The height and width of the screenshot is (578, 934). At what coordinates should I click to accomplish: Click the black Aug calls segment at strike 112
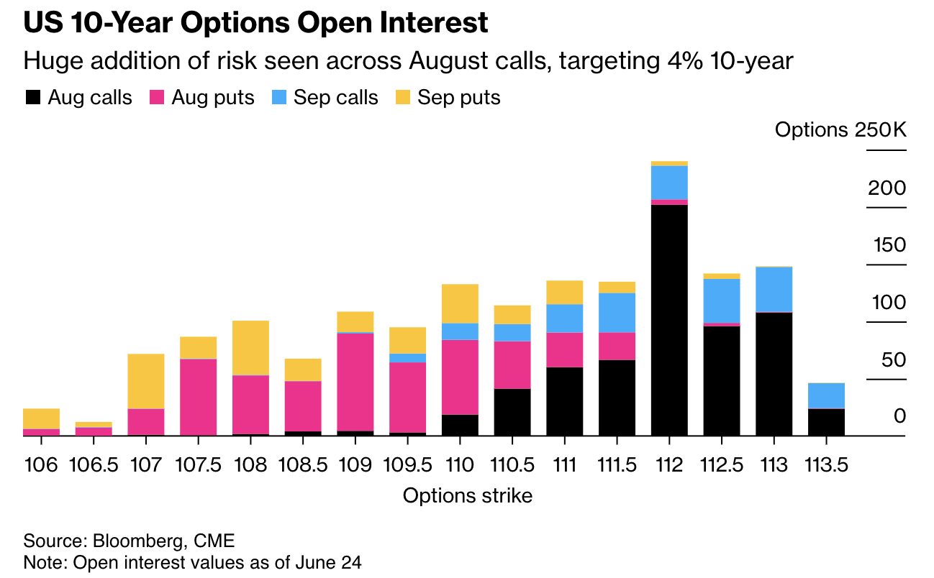(669, 320)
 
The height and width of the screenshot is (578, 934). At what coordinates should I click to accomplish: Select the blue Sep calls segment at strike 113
(774, 289)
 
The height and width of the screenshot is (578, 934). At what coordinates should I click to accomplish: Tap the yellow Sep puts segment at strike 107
(146, 381)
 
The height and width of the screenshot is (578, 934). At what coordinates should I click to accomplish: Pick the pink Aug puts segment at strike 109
(355, 382)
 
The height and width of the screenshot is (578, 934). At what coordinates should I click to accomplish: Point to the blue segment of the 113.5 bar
(826, 395)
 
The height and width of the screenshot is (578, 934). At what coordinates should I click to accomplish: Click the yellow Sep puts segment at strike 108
(250, 348)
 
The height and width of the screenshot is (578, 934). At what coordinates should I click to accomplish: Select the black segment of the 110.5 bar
(512, 412)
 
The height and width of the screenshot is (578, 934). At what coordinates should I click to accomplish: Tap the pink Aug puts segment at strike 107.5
(199, 397)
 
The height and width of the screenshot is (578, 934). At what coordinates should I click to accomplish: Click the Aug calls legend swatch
(33, 98)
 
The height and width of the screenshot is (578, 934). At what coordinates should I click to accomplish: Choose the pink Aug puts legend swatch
(157, 98)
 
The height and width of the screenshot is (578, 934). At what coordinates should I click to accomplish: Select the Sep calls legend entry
(325, 98)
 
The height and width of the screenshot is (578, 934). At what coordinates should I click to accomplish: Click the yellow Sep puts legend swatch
(403, 98)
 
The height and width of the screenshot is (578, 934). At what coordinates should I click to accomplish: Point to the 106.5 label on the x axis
(94, 465)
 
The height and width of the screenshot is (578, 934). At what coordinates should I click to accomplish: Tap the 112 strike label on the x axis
(669, 465)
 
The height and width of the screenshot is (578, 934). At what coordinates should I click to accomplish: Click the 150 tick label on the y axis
(890, 245)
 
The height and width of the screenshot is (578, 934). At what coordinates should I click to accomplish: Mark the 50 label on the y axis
(894, 359)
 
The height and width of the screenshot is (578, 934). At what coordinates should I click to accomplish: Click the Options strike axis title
(468, 496)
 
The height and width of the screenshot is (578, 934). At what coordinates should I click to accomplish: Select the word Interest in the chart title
(434, 22)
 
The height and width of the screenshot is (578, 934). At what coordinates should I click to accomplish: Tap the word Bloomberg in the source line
(138, 541)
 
